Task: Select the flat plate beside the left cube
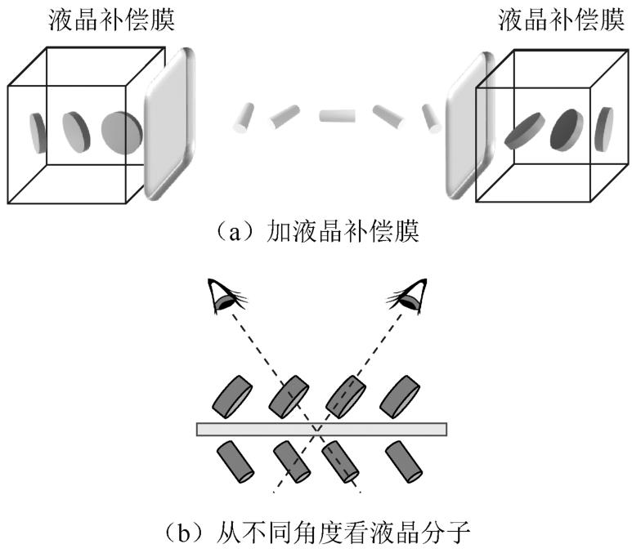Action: coord(170,123)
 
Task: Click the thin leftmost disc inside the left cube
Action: coord(38,132)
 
